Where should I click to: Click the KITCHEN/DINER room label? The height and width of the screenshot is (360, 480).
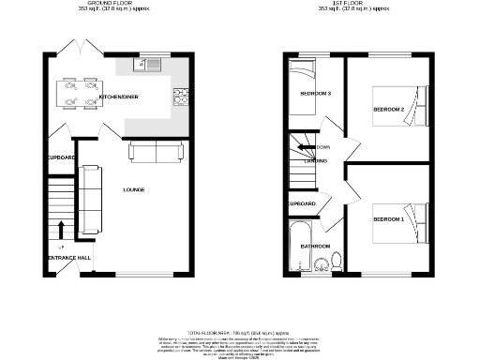[x=120, y=97]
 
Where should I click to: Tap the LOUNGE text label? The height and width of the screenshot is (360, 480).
[x=133, y=190]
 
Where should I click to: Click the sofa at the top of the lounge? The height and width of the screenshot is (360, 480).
[x=156, y=153]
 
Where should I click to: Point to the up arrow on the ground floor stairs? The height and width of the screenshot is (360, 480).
[x=61, y=228]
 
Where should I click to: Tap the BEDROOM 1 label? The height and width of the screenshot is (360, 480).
[x=388, y=218]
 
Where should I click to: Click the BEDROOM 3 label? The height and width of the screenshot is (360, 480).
[x=315, y=94]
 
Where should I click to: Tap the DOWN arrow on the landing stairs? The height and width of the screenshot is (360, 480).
[x=307, y=147]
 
